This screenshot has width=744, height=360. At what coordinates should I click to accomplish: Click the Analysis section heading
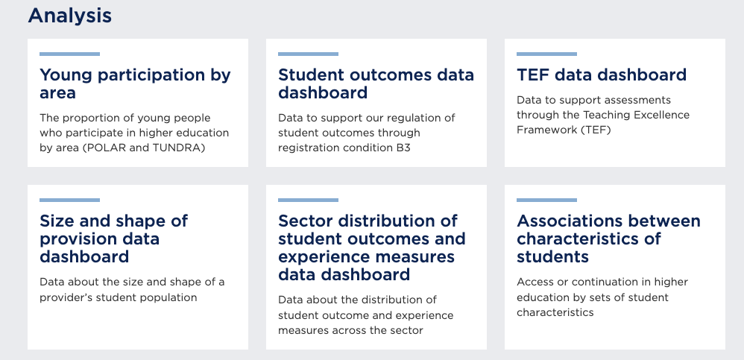click(x=70, y=16)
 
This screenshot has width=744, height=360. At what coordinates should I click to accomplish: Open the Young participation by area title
click(x=135, y=83)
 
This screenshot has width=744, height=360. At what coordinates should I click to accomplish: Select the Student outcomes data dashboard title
click(x=376, y=83)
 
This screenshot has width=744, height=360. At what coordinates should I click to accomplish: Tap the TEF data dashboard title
click(x=601, y=75)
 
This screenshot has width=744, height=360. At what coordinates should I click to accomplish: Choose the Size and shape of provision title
click(x=113, y=239)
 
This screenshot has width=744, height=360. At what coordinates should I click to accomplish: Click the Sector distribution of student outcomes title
click(x=371, y=247)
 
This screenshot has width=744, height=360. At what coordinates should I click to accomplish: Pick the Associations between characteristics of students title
click(x=608, y=239)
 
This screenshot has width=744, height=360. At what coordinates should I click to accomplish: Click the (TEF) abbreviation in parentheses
click(x=596, y=130)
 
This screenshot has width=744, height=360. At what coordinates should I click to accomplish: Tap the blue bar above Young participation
click(x=70, y=54)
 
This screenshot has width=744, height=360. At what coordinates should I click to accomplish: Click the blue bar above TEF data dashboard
click(x=546, y=54)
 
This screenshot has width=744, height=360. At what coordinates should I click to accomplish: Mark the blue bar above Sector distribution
click(x=309, y=200)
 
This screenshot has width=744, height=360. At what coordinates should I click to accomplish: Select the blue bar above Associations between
click(x=546, y=200)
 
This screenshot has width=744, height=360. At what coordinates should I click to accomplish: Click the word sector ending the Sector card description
click(x=409, y=330)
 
